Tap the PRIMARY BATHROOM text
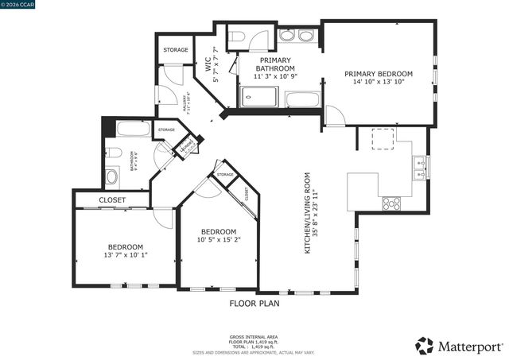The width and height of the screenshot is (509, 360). click(x=274, y=68)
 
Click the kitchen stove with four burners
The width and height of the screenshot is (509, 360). click(x=392, y=203)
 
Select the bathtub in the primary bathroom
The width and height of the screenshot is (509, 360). click(x=301, y=100)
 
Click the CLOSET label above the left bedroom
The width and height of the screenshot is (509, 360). click(x=112, y=199)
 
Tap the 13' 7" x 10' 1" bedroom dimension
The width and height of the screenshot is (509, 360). click(x=126, y=255)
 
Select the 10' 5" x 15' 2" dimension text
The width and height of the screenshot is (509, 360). click(x=218, y=239)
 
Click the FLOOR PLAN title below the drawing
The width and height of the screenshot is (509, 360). click(x=254, y=303)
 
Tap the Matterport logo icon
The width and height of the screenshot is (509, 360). click(x=425, y=346)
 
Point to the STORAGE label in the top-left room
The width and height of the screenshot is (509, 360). click(x=176, y=50)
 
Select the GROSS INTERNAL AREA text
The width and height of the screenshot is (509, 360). click(x=254, y=337)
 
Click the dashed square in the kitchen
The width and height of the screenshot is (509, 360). click(x=385, y=138)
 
